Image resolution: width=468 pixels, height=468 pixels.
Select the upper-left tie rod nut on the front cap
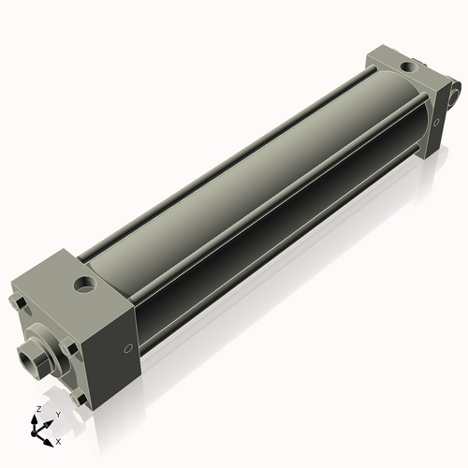click(16, 302)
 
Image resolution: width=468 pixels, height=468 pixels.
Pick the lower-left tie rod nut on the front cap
click(28, 373)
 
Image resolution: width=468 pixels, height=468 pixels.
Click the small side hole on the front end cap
click(127, 349)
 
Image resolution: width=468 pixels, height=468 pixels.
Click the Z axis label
click(37, 409)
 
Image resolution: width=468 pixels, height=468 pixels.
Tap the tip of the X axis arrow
click(51, 437)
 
